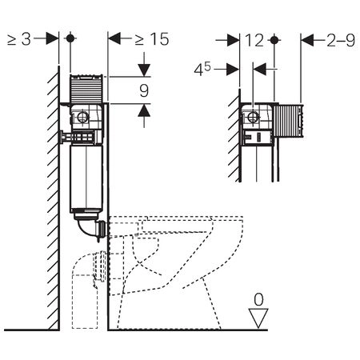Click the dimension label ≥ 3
[x=19, y=39]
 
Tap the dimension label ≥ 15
[x=152, y=39]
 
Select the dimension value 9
[x=144, y=90]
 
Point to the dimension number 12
[x=254, y=40]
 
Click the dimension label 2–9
[x=341, y=40]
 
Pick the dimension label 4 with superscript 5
[x=202, y=69]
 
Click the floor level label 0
[x=258, y=299]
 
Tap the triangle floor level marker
[x=258, y=318]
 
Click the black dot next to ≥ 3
[x=70, y=38]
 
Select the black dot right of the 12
[x=274, y=40]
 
